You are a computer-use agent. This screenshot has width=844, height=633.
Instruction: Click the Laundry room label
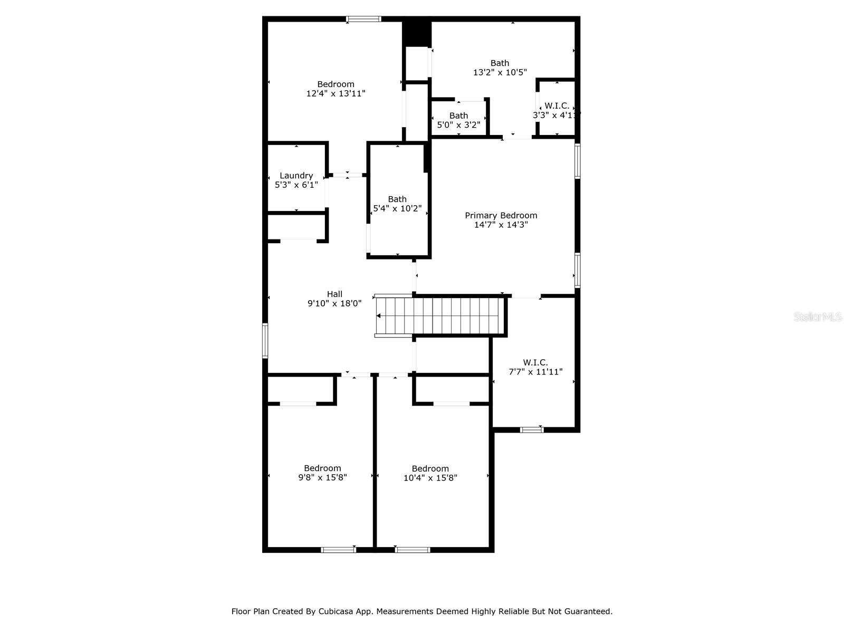pos(296,176)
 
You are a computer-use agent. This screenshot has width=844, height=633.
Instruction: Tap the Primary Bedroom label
pos(501,215)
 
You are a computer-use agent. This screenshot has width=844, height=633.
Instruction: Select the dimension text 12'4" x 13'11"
pos(335,93)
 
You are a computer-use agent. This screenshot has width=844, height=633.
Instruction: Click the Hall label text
pos(334,294)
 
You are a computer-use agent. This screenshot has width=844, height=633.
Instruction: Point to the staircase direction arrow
pos(379,316)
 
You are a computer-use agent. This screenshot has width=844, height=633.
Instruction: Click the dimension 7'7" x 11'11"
pos(535,372)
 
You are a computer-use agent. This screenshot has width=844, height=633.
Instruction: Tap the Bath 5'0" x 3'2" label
pos(458,116)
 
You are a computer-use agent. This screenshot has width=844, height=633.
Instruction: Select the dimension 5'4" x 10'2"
pos(397,208)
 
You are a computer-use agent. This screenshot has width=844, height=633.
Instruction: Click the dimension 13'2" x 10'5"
pos(500,72)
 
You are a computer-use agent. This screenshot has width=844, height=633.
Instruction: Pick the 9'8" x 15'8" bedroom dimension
pos(322,477)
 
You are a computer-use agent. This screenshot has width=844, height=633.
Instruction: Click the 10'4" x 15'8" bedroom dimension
pos(430,478)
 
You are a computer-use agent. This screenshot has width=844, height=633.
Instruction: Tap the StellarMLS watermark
pos(817,316)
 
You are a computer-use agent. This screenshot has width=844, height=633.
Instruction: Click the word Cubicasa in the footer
pos(337,612)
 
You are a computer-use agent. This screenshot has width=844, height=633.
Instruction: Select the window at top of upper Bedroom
pos(363,20)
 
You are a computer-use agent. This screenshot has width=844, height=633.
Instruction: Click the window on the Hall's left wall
pos(265,341)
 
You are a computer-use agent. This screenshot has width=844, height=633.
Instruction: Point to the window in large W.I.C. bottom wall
pos(532,430)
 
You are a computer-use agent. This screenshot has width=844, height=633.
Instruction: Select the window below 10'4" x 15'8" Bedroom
pos(413,550)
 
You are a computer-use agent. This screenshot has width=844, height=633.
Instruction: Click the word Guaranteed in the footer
pos(588,612)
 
